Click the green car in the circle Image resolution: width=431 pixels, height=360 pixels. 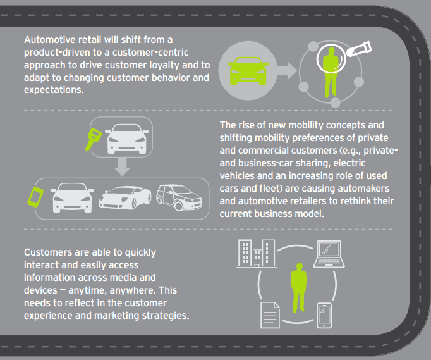[248, 71]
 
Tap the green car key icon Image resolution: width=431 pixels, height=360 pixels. [93, 139]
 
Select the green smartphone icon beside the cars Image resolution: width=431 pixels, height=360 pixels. [35, 197]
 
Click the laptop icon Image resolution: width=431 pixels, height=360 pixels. [329, 254]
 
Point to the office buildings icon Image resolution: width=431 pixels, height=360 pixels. [257, 254]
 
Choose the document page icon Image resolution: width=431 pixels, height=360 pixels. [270, 315]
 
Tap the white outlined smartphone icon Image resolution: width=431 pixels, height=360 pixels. [324, 316]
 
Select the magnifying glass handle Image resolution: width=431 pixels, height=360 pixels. [359, 49]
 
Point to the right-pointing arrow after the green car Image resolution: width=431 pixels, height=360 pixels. [287, 71]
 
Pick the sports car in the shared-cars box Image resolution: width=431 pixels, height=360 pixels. [125, 197]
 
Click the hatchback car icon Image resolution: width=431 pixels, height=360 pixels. [179, 197]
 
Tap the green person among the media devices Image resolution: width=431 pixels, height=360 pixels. [299, 288]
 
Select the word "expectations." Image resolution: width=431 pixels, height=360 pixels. [54, 90]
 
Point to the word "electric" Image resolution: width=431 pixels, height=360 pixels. [349, 163]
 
